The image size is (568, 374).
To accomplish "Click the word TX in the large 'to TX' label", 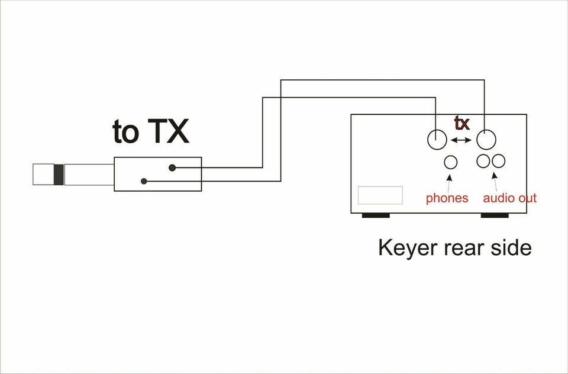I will click(x=168, y=132).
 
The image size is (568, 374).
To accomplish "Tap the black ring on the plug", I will click(x=58, y=174).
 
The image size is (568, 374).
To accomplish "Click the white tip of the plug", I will click(x=42, y=174).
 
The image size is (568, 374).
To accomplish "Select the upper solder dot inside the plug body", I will click(x=172, y=167).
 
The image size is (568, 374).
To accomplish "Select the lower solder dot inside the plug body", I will click(x=144, y=181).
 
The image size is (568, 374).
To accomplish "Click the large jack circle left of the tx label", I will click(x=437, y=139).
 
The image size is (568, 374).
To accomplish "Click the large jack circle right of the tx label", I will click(x=486, y=140).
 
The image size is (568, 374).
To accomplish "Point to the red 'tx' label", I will click(x=461, y=124).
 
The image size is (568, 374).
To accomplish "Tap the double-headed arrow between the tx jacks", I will click(x=461, y=140).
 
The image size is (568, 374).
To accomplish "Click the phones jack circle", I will click(x=451, y=162).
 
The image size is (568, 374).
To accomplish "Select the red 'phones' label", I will click(x=447, y=198).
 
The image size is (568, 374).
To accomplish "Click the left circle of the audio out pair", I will click(x=485, y=160).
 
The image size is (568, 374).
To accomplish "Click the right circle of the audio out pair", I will click(x=498, y=160).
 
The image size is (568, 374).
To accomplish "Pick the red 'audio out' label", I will click(x=509, y=198).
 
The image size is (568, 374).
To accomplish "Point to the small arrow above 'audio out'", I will click(x=493, y=179).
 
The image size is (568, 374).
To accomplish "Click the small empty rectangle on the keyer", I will click(x=380, y=195).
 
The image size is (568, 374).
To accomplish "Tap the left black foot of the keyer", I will click(x=376, y=215).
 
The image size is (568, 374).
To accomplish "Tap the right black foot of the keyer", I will click(x=494, y=215).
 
